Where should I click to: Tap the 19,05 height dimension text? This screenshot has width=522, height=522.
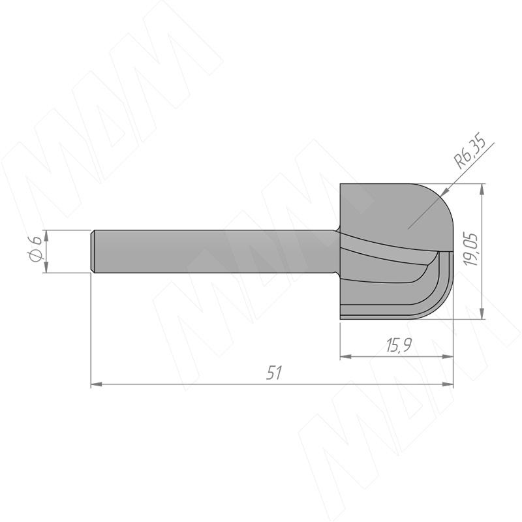point(472,249)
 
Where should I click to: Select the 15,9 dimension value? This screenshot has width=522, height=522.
point(399,345)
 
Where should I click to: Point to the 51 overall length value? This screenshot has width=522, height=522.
point(274,373)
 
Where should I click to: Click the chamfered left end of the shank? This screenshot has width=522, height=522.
point(93,251)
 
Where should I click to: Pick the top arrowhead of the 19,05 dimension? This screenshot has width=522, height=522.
point(482,189)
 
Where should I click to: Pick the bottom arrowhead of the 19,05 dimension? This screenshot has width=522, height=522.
point(482,314)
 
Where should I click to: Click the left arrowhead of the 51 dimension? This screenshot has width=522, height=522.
point(96,384)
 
